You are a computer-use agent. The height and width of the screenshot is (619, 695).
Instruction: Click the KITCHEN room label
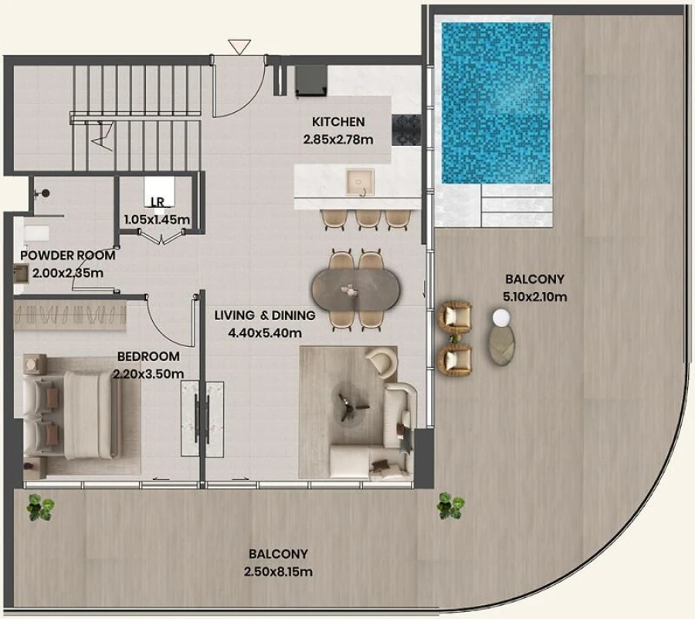(x=338, y=122)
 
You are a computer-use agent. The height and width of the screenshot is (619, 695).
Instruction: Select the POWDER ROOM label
(x=68, y=255)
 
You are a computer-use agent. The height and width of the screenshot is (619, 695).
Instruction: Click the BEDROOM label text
(x=148, y=357)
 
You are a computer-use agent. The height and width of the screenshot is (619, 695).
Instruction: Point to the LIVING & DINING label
(x=265, y=315)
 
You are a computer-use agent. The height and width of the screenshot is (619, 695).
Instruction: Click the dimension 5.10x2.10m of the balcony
(x=534, y=296)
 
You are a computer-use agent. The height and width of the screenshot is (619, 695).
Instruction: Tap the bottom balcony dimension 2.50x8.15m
(x=278, y=572)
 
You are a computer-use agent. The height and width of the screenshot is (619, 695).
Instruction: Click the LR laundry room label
(x=158, y=203)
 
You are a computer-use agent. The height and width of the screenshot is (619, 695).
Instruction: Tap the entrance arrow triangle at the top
(x=239, y=47)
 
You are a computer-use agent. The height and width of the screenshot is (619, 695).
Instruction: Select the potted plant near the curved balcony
(x=449, y=506)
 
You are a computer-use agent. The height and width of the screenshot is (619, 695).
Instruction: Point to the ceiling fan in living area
(x=344, y=402)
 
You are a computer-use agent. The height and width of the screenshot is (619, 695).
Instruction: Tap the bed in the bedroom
(x=73, y=413)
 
